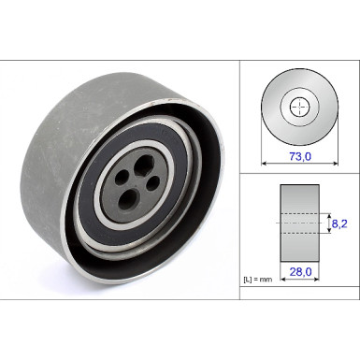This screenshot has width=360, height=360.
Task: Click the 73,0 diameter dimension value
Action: coord(299,148)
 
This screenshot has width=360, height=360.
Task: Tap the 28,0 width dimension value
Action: coord(299,273)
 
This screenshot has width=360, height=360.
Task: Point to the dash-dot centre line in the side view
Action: coord(299,223)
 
